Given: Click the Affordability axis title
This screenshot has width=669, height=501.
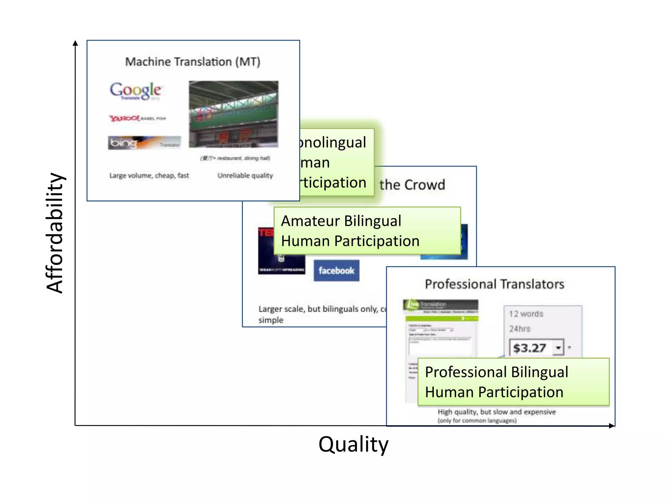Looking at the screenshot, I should [x=55, y=233].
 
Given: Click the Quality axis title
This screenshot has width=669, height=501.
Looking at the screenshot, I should [x=353, y=444].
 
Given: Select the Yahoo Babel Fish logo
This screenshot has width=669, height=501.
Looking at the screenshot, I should [x=138, y=118].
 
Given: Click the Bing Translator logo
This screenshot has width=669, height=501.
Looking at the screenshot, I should [x=144, y=143].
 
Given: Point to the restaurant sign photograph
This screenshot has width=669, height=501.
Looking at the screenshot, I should [x=234, y=114].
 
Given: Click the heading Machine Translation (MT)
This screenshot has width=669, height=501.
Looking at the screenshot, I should [x=193, y=62].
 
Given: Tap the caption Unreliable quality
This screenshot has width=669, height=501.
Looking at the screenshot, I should [x=245, y=175].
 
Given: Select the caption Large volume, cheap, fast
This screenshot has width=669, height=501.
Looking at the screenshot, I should [x=149, y=175].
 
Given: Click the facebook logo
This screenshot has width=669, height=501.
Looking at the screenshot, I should [x=336, y=270].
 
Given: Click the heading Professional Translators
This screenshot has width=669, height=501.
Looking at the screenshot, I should [x=495, y=284].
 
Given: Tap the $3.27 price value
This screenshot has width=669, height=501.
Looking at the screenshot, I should [x=529, y=348].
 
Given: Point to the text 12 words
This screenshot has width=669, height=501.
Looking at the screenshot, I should [x=526, y=314].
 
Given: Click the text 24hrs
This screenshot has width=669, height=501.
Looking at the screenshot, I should [x=520, y=329].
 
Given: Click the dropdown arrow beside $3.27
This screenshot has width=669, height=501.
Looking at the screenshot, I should [x=559, y=348].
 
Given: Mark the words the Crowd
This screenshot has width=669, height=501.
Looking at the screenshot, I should [x=412, y=185].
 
